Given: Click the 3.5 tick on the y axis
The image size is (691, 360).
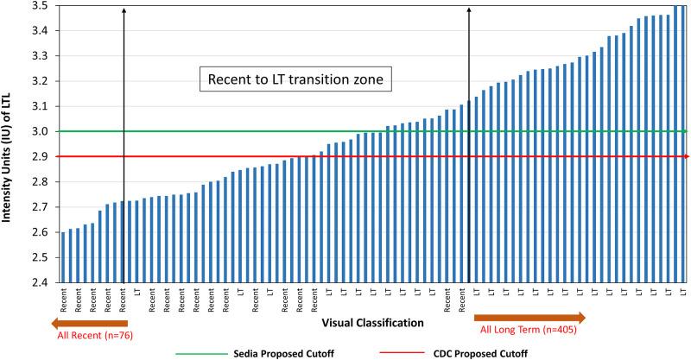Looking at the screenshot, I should pos(40,5).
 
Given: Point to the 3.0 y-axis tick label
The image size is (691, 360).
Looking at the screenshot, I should pos(40,131).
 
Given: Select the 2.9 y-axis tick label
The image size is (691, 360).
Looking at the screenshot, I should pos(40,157).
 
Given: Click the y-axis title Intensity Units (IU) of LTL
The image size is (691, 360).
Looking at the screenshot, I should pos(10,144).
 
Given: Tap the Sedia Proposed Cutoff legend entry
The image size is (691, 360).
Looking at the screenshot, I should pos(280,352).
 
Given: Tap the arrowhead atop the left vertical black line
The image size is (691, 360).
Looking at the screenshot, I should pos(124,10).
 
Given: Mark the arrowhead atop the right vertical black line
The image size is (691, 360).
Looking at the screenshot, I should pos(469,10).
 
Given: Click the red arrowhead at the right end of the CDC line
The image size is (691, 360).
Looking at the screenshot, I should pos(687,157).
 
